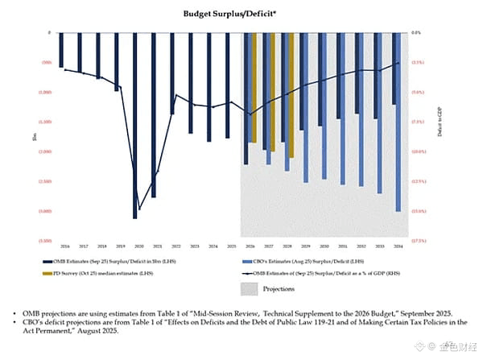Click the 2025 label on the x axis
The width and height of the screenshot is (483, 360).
(x=231, y=246)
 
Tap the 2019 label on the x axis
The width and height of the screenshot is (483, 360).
(x=120, y=246)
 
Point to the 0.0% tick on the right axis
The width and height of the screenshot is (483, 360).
(x=416, y=33)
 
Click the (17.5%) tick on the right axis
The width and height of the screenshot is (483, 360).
(x=418, y=241)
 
